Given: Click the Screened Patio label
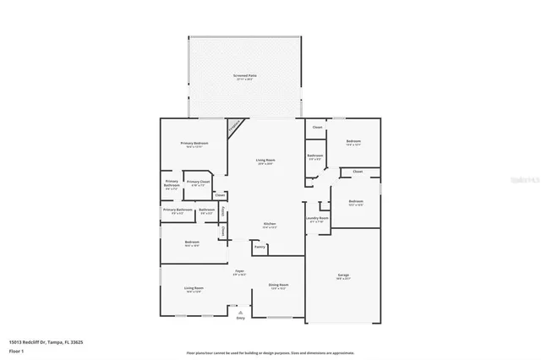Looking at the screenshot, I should click(x=245, y=77).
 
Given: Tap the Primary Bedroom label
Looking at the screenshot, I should click(x=194, y=144).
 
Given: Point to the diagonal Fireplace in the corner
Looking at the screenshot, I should click(x=232, y=127).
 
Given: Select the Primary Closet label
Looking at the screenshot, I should click(x=198, y=182).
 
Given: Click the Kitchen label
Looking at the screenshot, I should click(x=269, y=224).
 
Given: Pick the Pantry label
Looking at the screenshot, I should click(x=260, y=248).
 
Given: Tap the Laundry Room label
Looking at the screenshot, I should click(x=318, y=219).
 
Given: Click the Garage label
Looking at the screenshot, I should click(x=343, y=275).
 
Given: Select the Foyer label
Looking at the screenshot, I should click(x=239, y=272).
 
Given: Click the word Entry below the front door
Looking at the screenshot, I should click(x=240, y=319).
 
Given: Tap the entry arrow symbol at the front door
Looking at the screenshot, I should click(x=240, y=312).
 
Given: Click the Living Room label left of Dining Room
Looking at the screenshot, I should click(x=194, y=289).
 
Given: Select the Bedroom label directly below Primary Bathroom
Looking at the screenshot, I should click(x=192, y=243).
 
